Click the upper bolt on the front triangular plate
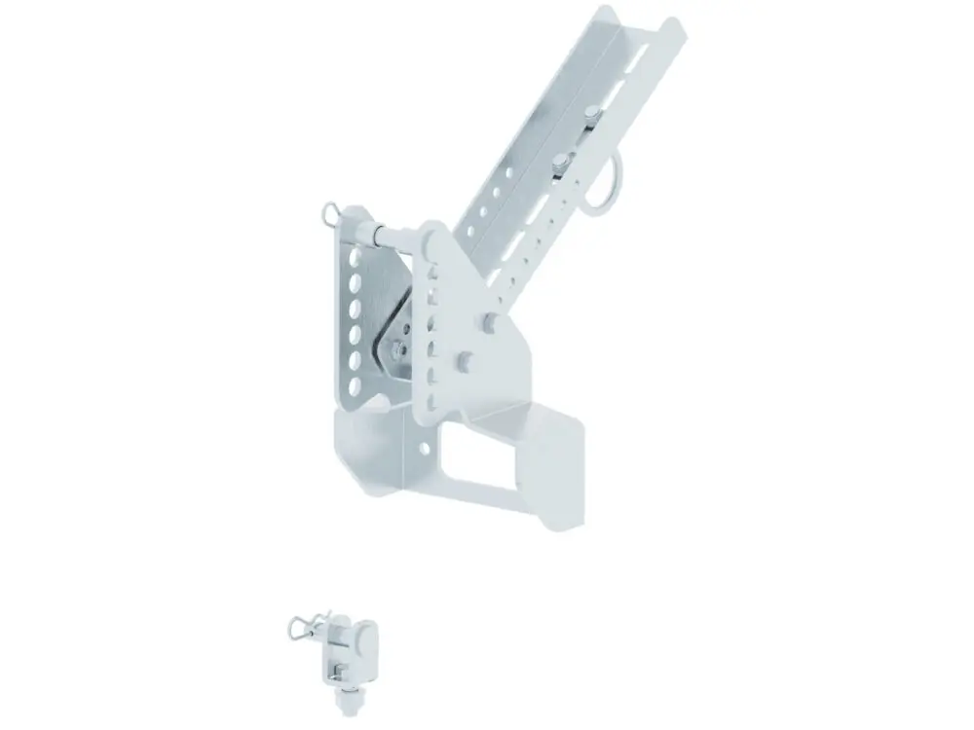[490, 320]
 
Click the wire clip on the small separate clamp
[300, 628]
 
